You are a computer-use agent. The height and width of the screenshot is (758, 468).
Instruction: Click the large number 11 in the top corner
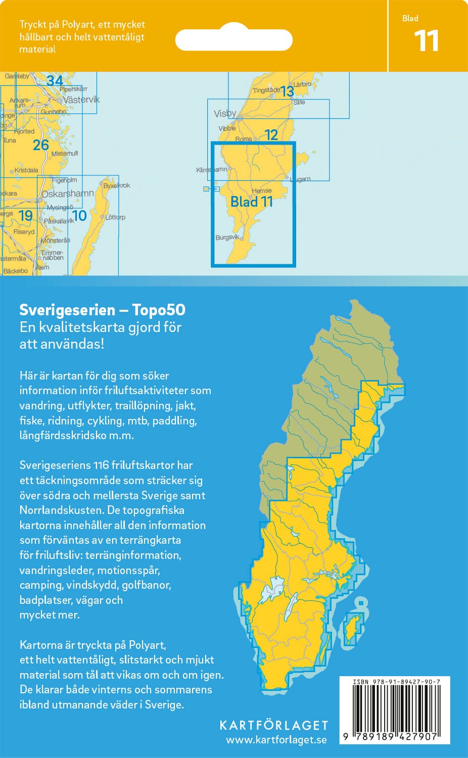(x=426, y=41)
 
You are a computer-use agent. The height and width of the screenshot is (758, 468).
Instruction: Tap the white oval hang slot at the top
(x=234, y=40)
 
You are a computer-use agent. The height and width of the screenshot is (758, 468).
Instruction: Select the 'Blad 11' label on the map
(x=252, y=202)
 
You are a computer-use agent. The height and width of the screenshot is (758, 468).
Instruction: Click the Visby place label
(x=225, y=113)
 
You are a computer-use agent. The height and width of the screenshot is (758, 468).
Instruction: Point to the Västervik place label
(x=81, y=100)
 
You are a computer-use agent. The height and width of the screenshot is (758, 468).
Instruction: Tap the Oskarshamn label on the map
(x=68, y=194)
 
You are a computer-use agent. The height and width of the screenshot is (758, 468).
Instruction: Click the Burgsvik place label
(x=227, y=237)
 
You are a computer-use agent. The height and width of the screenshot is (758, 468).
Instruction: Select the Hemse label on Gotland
(x=261, y=191)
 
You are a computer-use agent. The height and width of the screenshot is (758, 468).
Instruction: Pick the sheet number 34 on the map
(x=55, y=80)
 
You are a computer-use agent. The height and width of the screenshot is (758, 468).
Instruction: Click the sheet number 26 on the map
(x=41, y=145)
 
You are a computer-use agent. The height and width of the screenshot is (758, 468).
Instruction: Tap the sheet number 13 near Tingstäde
(x=287, y=91)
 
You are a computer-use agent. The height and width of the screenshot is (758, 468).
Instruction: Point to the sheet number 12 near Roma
(x=271, y=134)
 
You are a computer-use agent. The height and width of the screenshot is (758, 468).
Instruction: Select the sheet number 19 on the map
(x=25, y=216)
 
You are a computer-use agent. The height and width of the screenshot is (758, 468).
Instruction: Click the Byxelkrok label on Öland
(x=117, y=185)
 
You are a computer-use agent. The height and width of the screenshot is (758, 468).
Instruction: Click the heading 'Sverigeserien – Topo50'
(x=102, y=310)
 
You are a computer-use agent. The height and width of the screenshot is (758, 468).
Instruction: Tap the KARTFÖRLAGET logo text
(x=274, y=725)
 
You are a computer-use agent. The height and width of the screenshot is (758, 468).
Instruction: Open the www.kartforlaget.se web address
(x=276, y=740)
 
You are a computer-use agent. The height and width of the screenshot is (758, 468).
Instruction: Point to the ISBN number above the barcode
(x=397, y=682)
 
